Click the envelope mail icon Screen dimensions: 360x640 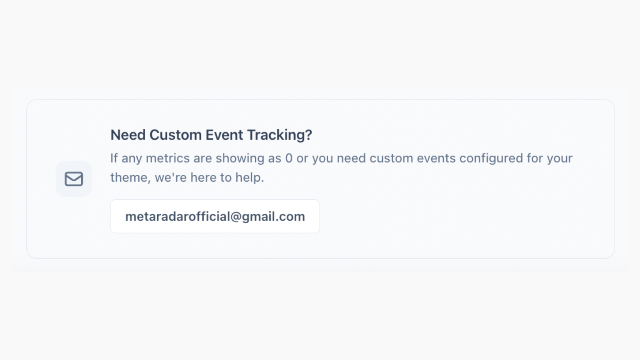pyautogui.click(x=74, y=179)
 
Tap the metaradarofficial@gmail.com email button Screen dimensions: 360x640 pyautogui.click(x=215, y=216)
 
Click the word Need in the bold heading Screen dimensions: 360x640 pyautogui.click(x=128, y=135)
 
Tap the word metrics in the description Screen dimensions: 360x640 pyautogui.click(x=168, y=158)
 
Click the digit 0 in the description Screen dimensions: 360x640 pyautogui.click(x=289, y=158)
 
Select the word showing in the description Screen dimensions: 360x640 pyautogui.click(x=240, y=158)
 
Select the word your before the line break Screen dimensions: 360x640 pyautogui.click(x=560, y=158)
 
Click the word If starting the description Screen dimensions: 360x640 pyautogui.click(x=114, y=158)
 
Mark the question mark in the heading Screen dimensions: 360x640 pyautogui.click(x=308, y=135)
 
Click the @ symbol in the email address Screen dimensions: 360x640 pyautogui.click(x=236, y=217)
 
